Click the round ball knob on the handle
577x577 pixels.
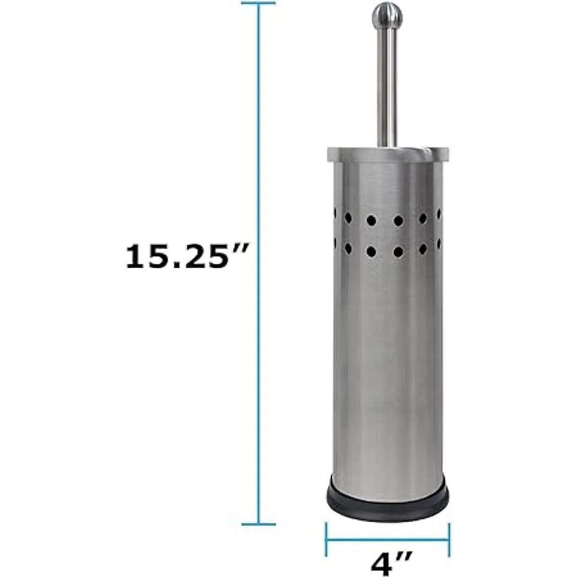click(x=387, y=15)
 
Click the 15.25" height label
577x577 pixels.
click(x=186, y=257)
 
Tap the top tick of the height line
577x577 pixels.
click(x=258, y=3)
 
